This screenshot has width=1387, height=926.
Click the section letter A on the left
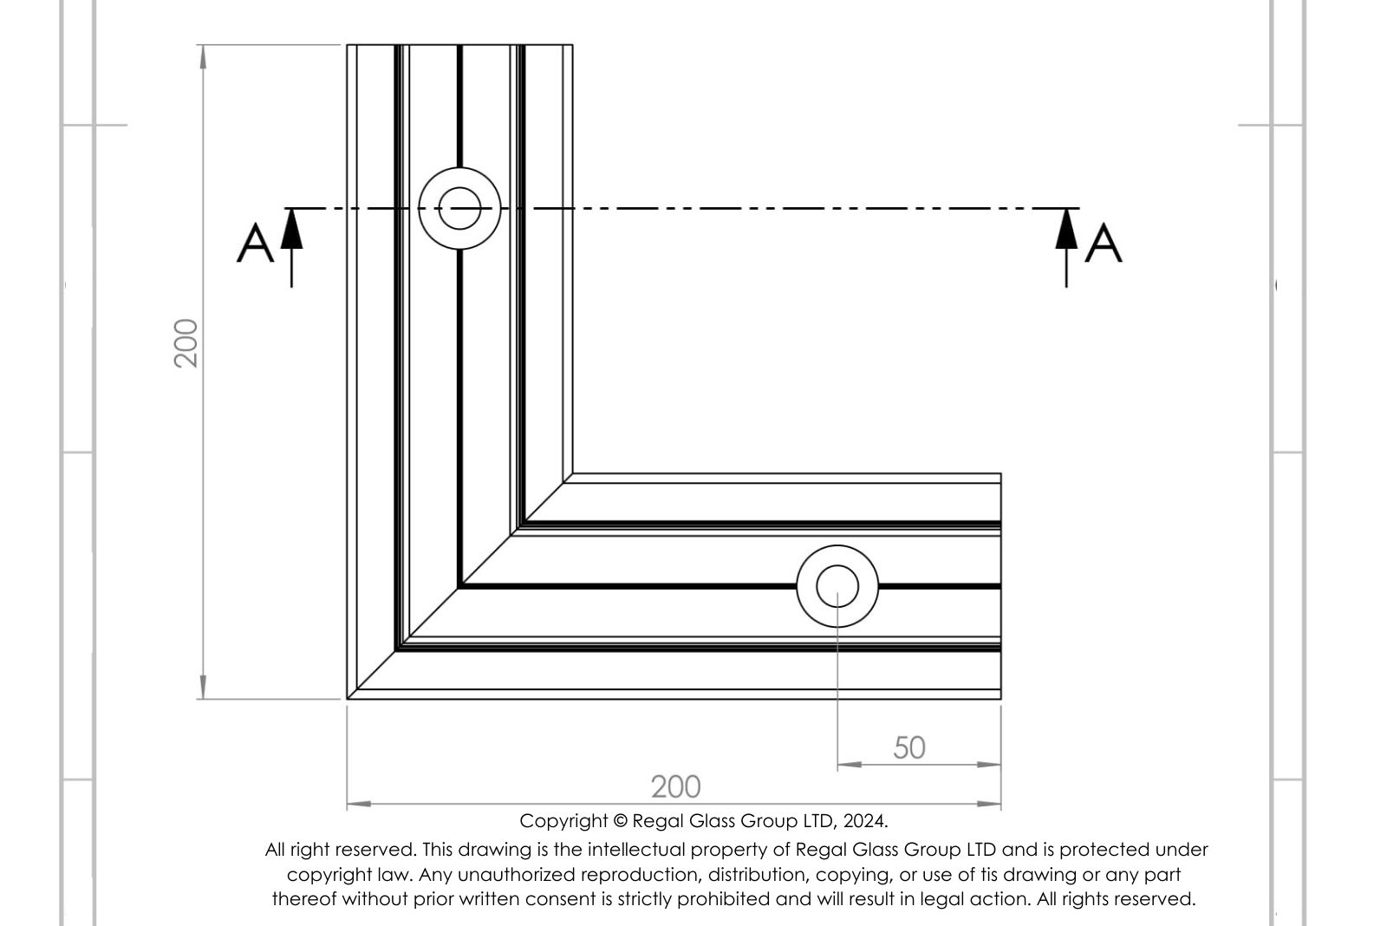255,244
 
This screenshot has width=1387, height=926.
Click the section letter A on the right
1104,244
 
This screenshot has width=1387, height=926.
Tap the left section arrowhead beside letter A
291,229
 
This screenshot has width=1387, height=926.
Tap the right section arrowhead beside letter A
1066,229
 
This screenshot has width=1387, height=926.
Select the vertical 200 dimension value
186,343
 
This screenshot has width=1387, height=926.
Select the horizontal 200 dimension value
675,787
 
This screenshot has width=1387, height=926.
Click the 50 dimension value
909,748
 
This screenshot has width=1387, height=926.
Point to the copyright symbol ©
621,821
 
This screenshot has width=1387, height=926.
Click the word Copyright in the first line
563,822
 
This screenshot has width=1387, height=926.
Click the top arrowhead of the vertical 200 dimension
203,56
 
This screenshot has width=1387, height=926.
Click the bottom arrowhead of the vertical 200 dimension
203,688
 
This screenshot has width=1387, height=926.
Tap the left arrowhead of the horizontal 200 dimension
359,804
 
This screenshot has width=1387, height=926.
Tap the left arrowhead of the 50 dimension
850,765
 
